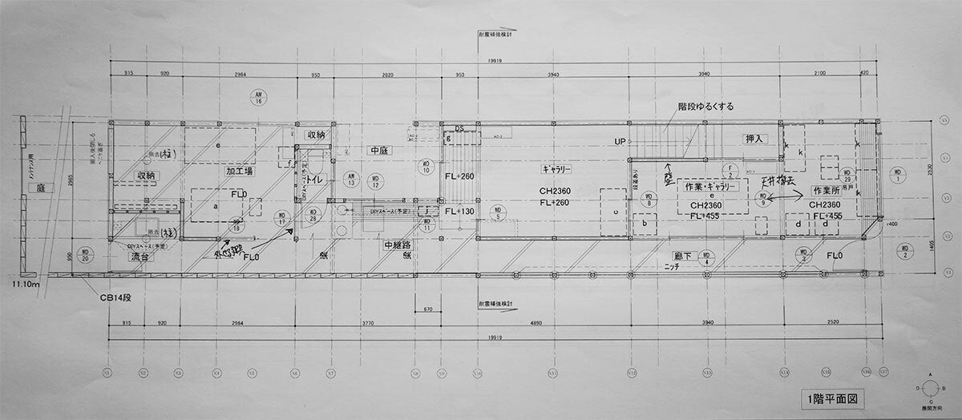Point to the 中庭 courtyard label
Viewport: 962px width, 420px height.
380,150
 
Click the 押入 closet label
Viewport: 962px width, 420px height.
756,139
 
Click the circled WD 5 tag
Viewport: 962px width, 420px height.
498,213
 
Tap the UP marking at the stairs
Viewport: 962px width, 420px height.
620,141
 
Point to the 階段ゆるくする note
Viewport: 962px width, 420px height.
705,106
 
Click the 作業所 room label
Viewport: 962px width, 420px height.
829,191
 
